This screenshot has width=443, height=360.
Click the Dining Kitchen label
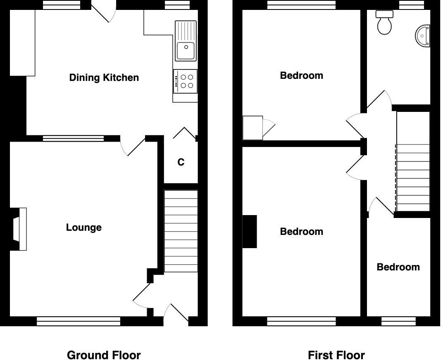point(104,78)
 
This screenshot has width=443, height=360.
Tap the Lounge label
point(84,227)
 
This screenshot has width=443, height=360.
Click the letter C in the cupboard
point(181,163)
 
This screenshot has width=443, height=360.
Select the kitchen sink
point(186,41)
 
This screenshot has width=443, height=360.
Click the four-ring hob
point(186,81)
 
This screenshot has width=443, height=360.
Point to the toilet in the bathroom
point(384,23)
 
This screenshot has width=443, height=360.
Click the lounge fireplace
point(20,229)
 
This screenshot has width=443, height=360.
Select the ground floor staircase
point(181,231)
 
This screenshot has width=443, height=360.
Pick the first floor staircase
point(413,178)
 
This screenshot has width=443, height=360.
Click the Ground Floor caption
point(104,355)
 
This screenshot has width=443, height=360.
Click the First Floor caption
point(336,355)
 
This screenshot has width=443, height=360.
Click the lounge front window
point(79,321)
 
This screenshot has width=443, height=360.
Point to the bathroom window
point(411,5)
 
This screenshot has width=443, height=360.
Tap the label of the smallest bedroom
point(398,267)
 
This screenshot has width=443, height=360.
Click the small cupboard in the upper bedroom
point(252,128)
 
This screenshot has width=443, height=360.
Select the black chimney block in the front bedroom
point(249,232)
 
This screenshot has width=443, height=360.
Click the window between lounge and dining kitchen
point(73,138)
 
